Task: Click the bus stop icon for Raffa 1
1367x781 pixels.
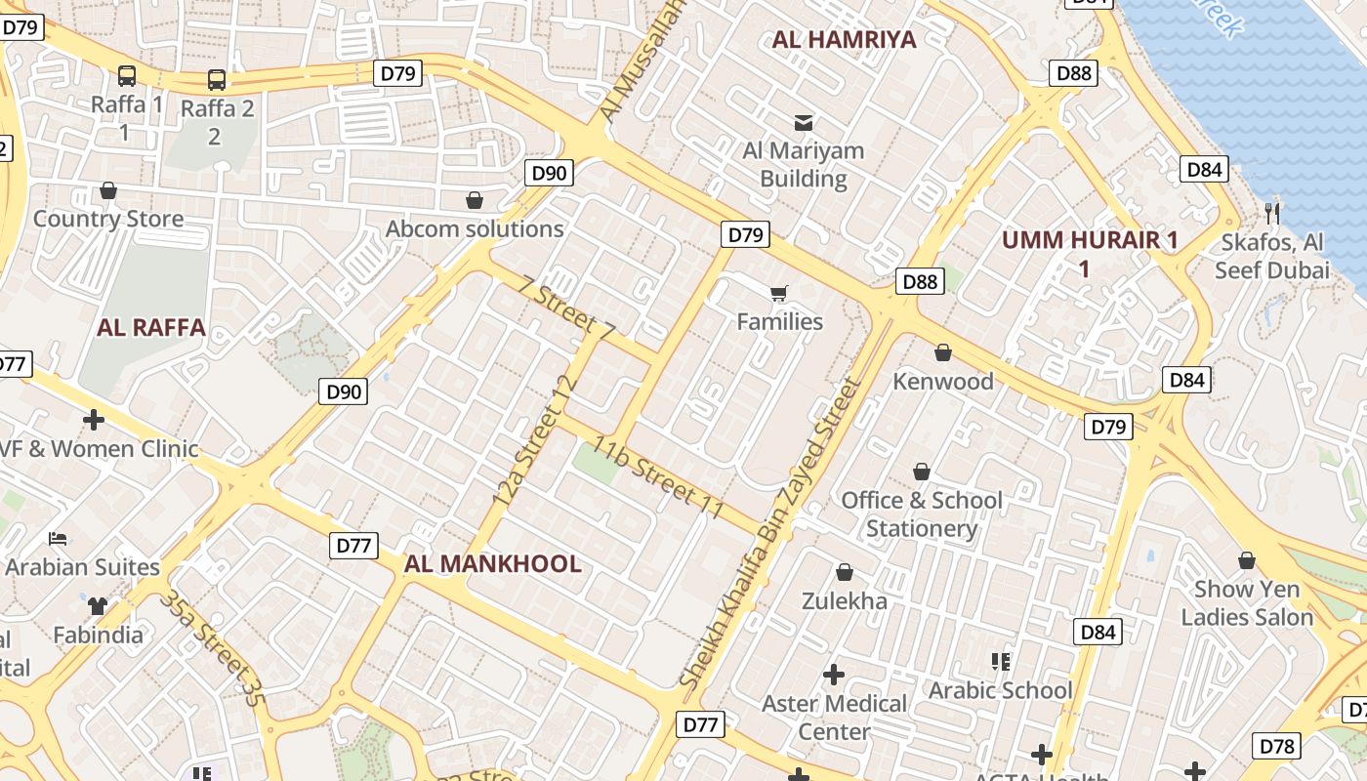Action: coord(127,75)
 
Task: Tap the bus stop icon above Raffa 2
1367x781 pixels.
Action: coord(216,80)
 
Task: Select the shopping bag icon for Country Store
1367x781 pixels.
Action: coord(108,190)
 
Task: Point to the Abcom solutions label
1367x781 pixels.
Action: coord(475,228)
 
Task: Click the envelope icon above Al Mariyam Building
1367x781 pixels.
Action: coord(804,123)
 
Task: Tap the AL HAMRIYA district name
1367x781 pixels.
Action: coord(844,39)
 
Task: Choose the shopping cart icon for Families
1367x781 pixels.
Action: coord(778,293)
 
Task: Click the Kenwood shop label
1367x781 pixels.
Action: coord(943,381)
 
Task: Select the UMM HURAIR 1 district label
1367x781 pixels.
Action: coord(1090,240)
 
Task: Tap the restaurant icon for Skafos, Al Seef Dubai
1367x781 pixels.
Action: coord(1271,213)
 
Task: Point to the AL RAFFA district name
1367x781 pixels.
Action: coord(151,327)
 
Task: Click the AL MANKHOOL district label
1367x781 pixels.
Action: coord(492,563)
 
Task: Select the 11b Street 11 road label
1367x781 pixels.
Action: coord(658,479)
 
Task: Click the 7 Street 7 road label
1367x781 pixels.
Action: coord(566,309)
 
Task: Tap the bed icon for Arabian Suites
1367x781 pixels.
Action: coord(58,538)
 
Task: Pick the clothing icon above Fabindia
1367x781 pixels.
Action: coord(97,606)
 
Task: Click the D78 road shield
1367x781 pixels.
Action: coord(1276,746)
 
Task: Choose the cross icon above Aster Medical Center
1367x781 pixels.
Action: coord(834,675)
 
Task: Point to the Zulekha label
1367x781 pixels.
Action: coord(845,600)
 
